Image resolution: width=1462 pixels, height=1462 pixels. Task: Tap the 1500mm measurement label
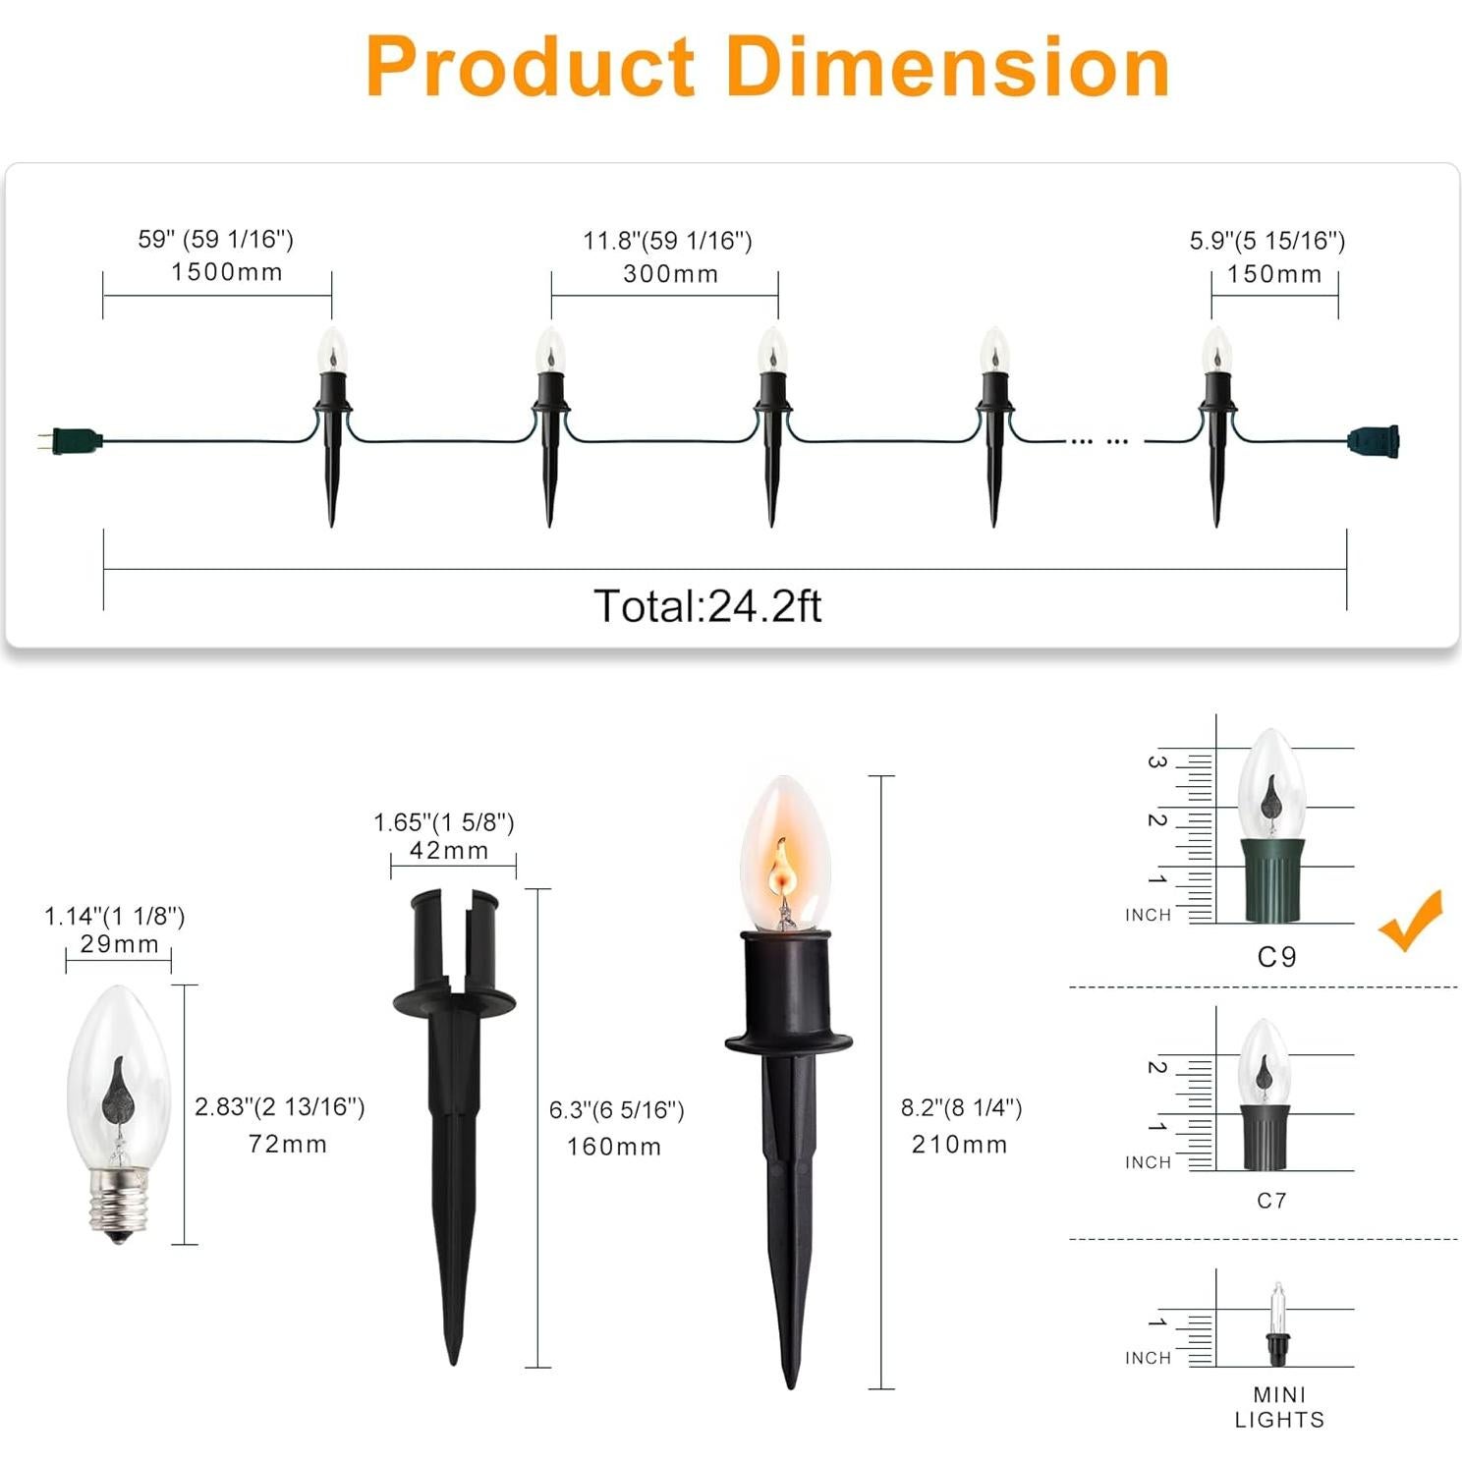(227, 272)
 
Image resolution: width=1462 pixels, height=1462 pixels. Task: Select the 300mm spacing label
(671, 274)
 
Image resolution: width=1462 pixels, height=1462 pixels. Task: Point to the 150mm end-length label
(1274, 274)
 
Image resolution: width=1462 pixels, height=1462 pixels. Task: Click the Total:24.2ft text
(707, 606)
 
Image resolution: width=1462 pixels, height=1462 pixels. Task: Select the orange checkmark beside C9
(1412, 922)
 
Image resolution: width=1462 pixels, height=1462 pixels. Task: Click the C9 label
(1276, 957)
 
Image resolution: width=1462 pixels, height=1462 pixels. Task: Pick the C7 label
(1271, 1201)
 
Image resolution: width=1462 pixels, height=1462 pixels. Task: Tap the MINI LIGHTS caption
(1279, 1407)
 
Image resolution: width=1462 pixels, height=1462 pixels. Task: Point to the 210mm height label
(959, 1145)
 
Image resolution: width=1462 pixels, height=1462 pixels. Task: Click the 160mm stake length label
(614, 1147)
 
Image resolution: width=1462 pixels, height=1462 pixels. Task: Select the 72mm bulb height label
(287, 1144)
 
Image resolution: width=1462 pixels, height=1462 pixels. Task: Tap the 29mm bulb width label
(119, 944)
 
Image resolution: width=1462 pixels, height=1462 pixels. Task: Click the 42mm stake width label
(449, 851)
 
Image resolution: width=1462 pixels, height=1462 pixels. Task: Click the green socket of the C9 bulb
(1276, 879)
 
